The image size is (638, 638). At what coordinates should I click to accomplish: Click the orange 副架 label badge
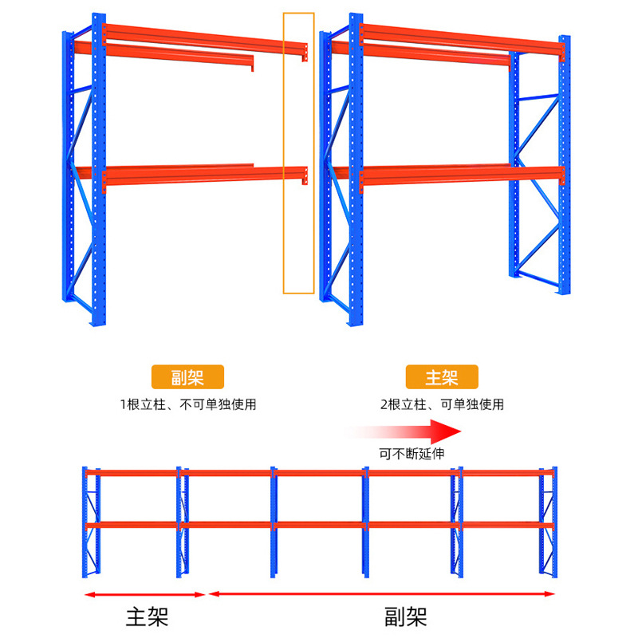coord(187,376)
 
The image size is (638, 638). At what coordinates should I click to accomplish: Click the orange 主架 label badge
coord(441,376)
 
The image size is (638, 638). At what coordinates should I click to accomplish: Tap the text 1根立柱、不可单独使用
coord(188,404)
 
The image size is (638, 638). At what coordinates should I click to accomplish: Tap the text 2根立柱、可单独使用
coord(442,404)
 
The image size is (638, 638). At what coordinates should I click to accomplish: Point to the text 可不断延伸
coord(412,453)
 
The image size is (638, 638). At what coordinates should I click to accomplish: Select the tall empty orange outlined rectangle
coord(299,153)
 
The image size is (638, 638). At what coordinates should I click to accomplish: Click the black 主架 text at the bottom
coord(147,616)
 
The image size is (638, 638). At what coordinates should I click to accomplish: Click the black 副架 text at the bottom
coord(405,616)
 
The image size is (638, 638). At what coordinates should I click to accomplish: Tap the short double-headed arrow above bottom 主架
coord(145,594)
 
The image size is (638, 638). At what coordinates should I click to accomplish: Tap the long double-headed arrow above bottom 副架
coord(381,593)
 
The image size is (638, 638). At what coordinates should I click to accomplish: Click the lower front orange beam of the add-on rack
coord(204,174)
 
